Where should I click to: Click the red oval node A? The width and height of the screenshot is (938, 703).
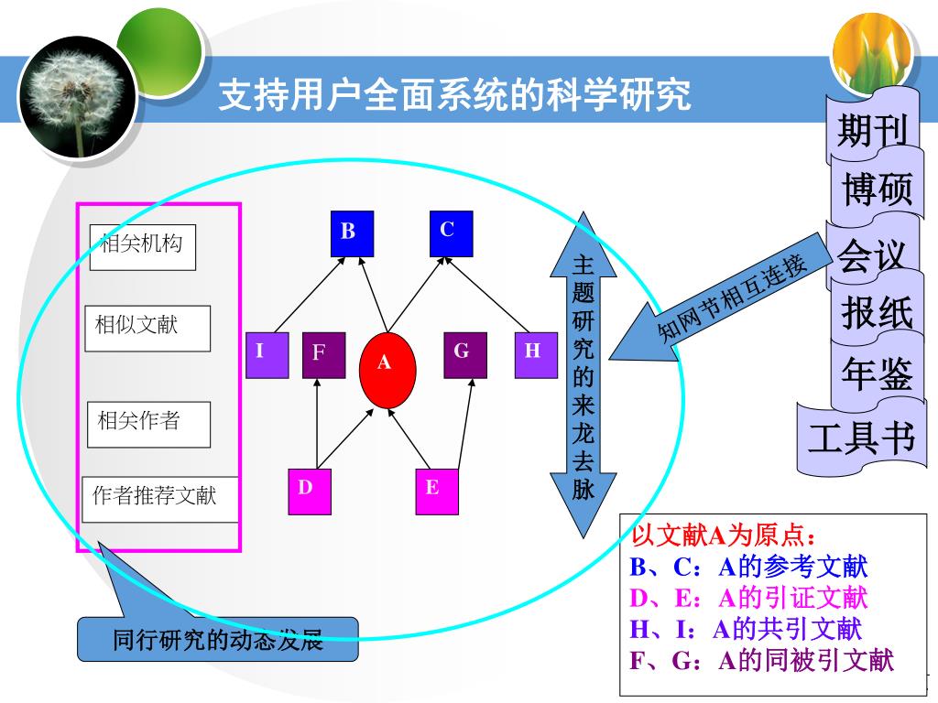tap(387, 369)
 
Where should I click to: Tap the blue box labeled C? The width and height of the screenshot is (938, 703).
tap(451, 233)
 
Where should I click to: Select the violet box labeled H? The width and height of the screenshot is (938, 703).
tap(535, 354)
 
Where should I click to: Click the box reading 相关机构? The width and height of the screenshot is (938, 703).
tap(143, 247)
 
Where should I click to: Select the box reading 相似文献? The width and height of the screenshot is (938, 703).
tap(147, 328)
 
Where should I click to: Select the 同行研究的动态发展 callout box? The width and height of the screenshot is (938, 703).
tap(218, 639)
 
